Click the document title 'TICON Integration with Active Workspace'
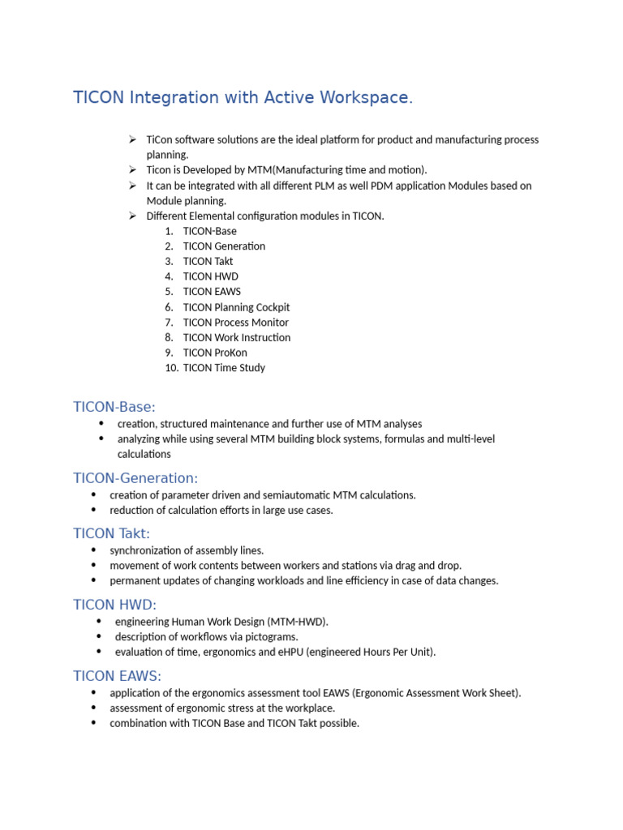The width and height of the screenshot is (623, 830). tap(243, 98)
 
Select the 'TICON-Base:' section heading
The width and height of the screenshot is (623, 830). tap(114, 407)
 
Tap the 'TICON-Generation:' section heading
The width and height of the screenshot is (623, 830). tap(135, 478)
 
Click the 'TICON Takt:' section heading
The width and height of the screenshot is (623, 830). tap(112, 533)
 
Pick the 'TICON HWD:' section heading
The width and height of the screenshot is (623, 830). tap(114, 605)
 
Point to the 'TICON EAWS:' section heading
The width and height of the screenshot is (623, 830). tap(118, 676)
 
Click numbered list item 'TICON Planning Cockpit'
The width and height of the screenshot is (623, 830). tap(236, 307)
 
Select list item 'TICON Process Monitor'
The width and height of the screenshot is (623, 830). tap(235, 323)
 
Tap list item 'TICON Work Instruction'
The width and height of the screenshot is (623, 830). tap(236, 337)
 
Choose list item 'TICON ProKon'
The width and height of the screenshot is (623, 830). tap(215, 353)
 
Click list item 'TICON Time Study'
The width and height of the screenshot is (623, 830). tap(224, 368)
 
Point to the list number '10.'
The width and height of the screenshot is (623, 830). tap(170, 368)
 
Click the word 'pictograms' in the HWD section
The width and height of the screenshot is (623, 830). tap(271, 637)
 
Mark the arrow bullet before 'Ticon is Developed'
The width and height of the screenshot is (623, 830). tap(131, 169)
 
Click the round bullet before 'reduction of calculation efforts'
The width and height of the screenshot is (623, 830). tap(93, 511)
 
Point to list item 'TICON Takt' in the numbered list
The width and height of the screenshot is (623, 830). tap(208, 261)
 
